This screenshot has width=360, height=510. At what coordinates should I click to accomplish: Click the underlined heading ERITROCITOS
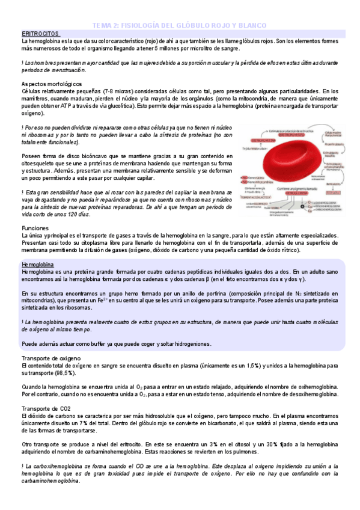pyautogui.click(x=40, y=34)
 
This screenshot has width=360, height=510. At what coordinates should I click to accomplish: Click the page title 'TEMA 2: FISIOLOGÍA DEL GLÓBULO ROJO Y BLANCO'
pyautogui.click(x=181, y=25)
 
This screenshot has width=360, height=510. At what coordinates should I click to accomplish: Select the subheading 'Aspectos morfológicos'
pyautogui.click(x=51, y=84)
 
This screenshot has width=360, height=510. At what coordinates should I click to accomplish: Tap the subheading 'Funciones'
pyautogui.click(x=34, y=229)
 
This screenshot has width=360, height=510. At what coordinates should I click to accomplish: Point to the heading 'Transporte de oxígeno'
pyautogui.click(x=55, y=358)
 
